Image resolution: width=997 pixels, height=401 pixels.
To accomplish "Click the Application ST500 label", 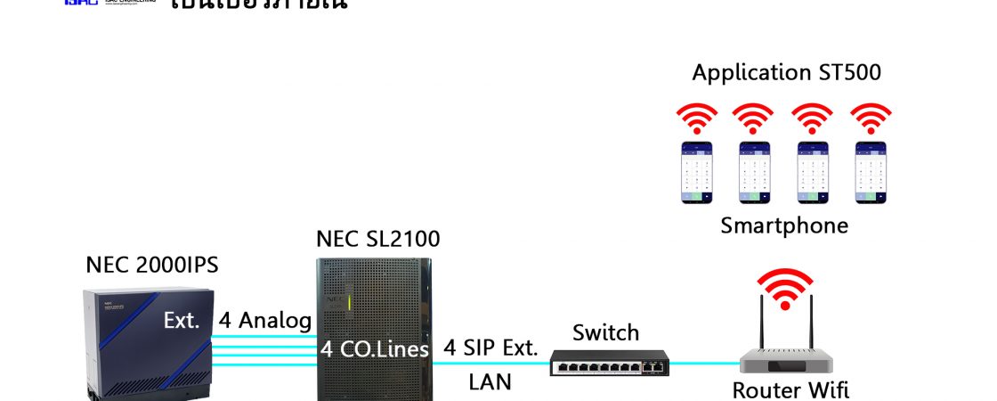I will click(x=786, y=72).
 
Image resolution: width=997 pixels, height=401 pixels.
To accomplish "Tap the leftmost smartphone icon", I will click(x=697, y=172).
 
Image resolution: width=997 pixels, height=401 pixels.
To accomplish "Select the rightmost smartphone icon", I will click(x=870, y=172).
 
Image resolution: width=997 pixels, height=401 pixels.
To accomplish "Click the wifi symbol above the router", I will click(x=783, y=287).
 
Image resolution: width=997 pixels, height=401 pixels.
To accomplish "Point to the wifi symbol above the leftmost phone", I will click(x=697, y=118).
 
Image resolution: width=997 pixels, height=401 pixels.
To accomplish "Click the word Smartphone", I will click(x=783, y=225).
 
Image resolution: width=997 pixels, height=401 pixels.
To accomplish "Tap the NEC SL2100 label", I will click(x=377, y=239).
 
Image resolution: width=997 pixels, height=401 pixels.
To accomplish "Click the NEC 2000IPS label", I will click(x=151, y=265).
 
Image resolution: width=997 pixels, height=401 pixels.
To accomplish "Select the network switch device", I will click(x=608, y=362).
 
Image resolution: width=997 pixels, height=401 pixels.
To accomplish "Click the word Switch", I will click(x=605, y=332).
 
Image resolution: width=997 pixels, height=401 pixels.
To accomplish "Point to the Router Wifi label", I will click(x=790, y=389).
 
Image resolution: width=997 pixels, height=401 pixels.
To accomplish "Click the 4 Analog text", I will click(x=265, y=321).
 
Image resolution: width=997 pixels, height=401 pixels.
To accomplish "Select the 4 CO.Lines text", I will click(x=376, y=348).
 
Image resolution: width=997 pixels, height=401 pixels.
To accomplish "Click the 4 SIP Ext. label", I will click(x=491, y=348).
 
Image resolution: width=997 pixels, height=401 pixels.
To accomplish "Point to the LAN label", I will click(x=490, y=382).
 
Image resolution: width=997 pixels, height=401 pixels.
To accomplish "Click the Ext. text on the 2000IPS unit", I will click(x=182, y=321).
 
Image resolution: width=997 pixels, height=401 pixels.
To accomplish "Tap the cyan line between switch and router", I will click(x=703, y=364).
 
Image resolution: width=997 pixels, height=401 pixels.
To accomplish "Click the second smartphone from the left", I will click(x=753, y=172).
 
